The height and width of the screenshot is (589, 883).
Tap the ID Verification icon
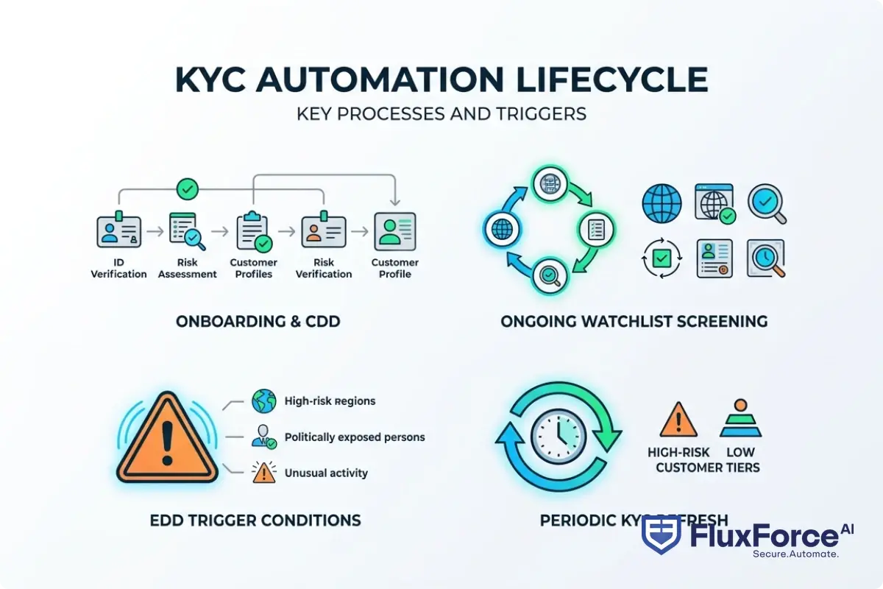pos(118,231)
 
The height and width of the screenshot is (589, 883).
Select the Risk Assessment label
pos(188,268)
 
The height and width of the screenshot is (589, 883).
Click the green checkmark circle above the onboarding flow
pos(188,190)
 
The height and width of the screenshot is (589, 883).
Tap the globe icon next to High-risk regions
pos(263,401)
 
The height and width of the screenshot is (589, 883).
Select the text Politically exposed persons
pos(355,437)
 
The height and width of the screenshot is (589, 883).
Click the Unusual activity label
pos(326,473)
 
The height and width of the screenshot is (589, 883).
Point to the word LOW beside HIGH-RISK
pos(740,452)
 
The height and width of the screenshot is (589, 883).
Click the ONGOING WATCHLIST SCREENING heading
pos(634,322)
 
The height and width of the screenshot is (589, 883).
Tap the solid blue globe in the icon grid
pos(662,204)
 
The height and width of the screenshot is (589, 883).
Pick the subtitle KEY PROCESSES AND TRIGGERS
pos(441,114)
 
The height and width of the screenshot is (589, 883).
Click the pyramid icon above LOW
pos(740,420)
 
